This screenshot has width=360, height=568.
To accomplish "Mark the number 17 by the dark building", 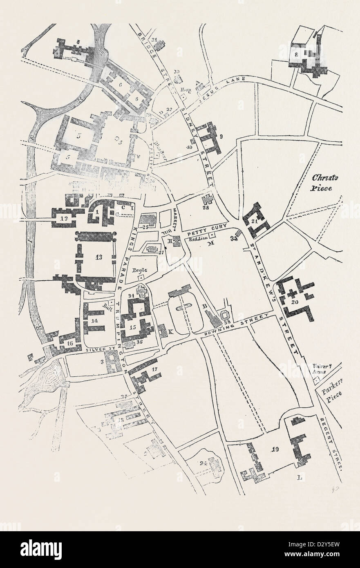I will click(154, 370).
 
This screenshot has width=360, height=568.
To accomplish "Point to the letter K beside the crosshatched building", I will click(170, 332).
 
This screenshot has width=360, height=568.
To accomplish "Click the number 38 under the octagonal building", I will click(224, 322).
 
